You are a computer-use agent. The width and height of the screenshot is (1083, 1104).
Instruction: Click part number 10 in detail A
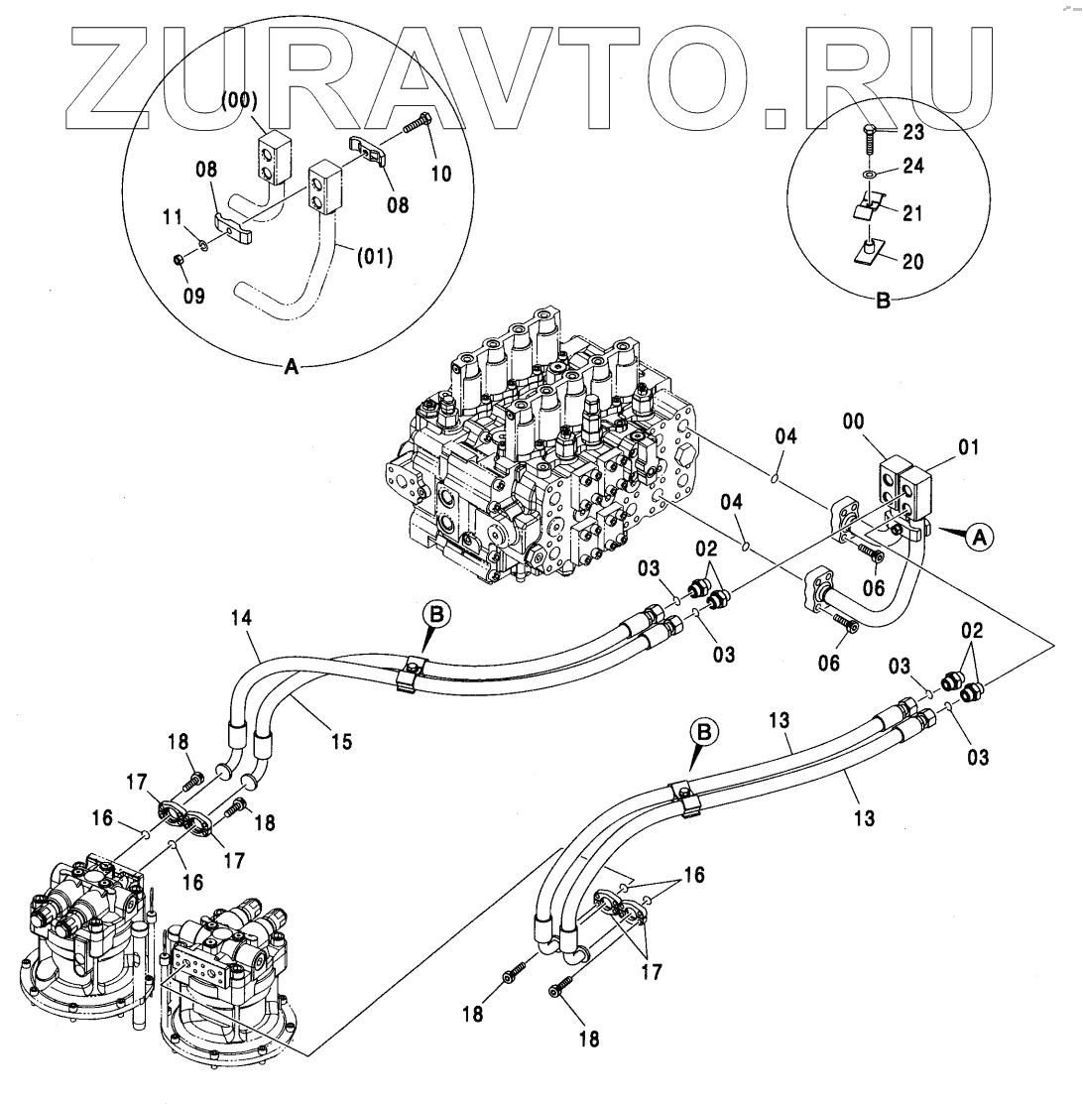pos(441,174)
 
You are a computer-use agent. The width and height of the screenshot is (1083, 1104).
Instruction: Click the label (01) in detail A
pos(373,259)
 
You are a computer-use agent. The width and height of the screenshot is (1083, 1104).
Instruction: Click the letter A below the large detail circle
pos(292,367)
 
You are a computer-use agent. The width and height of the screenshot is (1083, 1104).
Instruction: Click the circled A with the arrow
pos(979,537)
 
